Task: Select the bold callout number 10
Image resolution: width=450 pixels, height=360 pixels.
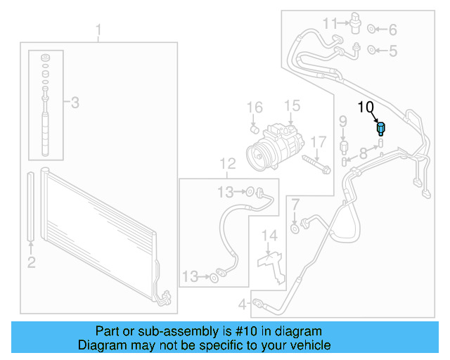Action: pyautogui.click(x=367, y=108)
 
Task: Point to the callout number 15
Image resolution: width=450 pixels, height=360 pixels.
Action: pyautogui.click(x=291, y=106)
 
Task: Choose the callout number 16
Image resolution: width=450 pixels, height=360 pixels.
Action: pyautogui.click(x=254, y=108)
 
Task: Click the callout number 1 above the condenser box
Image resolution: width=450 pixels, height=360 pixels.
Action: pyautogui.click(x=98, y=30)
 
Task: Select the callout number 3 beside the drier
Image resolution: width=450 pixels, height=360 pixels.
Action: pyautogui.click(x=75, y=103)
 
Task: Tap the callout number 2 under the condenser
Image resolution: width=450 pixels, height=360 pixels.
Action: pyautogui.click(x=31, y=263)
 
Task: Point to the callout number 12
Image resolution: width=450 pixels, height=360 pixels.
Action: pyautogui.click(x=227, y=165)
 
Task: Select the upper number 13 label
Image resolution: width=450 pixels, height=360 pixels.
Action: pyautogui.click(x=226, y=192)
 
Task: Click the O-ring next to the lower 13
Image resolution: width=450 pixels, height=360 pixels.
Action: pyautogui.click(x=213, y=278)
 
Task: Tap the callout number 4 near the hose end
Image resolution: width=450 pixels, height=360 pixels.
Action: pyautogui.click(x=242, y=304)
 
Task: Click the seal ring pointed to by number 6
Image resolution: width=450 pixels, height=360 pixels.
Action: pyautogui.click(x=373, y=30)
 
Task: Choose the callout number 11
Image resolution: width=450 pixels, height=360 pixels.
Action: pyautogui.click(x=330, y=25)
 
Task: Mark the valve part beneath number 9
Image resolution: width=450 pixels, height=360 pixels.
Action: pyautogui.click(x=344, y=146)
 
